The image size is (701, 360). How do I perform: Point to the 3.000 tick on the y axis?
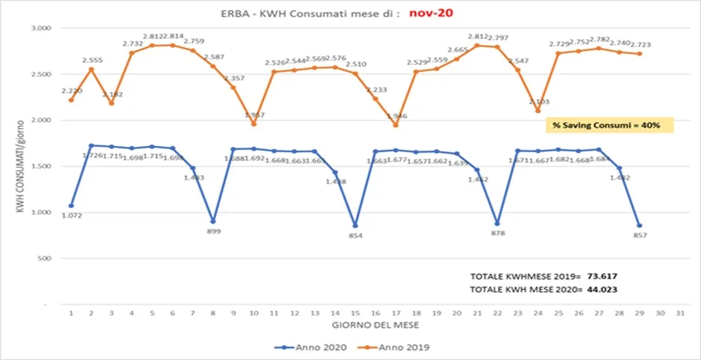pos(38,28)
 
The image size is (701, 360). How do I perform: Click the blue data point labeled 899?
pos(213,222)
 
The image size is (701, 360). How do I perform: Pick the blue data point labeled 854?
pos(355,226)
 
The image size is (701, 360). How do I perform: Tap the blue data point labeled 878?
pos(498,224)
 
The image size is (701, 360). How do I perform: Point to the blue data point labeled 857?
pos(640,226)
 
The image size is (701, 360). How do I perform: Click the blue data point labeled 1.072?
pos(71,206)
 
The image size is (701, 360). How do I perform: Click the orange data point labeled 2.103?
pos(538,111)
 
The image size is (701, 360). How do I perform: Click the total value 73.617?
pos(606,275)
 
